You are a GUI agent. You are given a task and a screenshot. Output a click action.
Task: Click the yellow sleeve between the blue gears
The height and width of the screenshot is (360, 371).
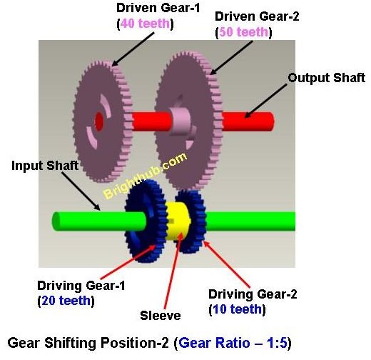pos(178,221)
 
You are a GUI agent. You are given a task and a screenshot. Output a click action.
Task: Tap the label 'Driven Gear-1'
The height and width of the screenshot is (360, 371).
pos(158,8)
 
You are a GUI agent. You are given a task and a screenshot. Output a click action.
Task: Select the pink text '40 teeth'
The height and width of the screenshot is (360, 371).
pos(145,24)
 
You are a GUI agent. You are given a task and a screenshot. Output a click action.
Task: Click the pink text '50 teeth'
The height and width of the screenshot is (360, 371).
pos(244,32)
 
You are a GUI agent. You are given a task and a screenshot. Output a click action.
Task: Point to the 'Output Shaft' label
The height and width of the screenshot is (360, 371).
pos(326,78)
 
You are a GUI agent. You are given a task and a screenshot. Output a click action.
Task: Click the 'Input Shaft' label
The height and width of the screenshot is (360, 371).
pos(45,166)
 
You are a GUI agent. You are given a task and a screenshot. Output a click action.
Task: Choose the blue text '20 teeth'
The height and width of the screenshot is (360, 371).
pos(66,301)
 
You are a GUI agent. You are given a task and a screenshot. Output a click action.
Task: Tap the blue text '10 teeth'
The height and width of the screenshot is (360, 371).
pos(237,309)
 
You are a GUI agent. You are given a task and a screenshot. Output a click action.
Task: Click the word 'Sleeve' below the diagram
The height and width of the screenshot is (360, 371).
pos(161,316)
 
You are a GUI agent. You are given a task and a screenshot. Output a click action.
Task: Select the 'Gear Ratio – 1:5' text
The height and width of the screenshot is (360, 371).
pos(233,343)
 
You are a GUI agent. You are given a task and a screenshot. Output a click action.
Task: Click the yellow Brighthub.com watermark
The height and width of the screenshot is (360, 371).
pos(145,176)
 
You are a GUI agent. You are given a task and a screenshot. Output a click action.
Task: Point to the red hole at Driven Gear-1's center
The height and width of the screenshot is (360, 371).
pos(98,121)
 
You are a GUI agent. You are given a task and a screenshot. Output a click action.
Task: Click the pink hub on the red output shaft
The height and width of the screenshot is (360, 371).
pos(180,121)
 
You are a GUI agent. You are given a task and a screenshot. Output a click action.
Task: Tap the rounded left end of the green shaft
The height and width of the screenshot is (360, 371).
pos(56,221)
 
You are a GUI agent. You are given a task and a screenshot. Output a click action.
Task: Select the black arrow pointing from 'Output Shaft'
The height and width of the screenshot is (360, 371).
pos(265,101)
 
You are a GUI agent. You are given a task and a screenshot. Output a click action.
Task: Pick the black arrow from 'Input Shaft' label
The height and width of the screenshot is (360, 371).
pos(81,191)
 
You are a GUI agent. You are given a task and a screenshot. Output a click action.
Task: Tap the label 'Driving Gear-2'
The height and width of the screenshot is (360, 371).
pos(253,294)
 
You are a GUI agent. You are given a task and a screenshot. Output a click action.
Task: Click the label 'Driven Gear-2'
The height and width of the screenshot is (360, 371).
pos(257,16)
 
